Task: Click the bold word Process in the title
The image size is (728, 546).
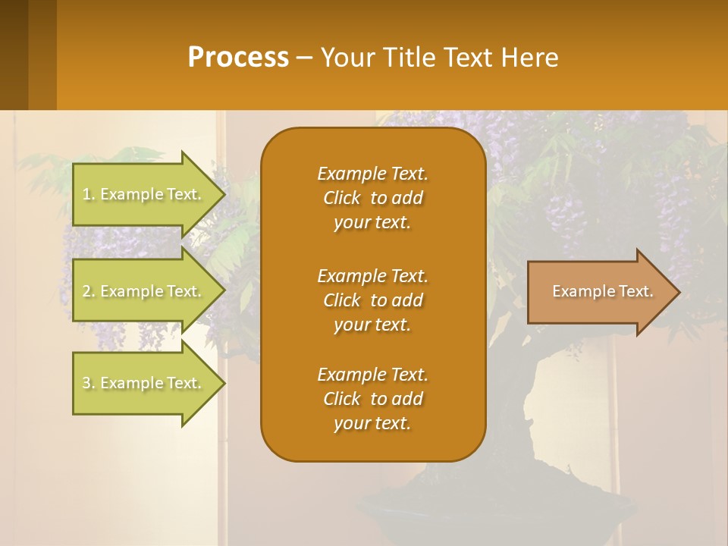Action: click(238, 58)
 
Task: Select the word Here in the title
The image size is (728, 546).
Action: click(529, 58)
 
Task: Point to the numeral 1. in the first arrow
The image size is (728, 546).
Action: click(89, 195)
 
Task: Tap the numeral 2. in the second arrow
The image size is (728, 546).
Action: click(89, 292)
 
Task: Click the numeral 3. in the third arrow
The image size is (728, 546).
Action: click(89, 384)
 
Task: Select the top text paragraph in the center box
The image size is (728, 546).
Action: click(372, 198)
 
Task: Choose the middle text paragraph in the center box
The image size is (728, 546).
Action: click(372, 300)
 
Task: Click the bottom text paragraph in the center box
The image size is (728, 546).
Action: click(372, 399)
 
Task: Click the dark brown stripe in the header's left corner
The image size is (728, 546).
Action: click(14, 55)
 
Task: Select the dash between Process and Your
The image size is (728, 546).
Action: click(304, 58)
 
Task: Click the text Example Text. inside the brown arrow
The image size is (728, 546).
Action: click(602, 292)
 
